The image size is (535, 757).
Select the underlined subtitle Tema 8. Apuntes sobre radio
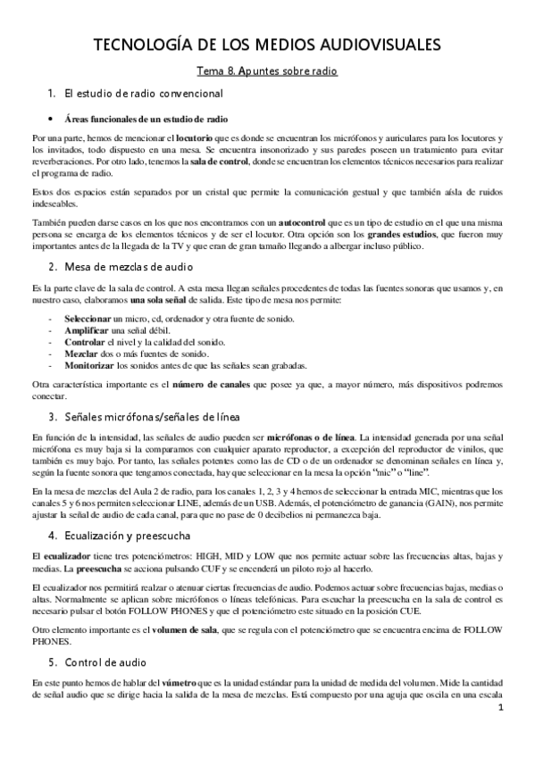point(267,71)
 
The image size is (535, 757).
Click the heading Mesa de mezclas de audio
point(134,268)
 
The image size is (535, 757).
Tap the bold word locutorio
point(195,139)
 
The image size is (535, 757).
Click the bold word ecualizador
point(71,556)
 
